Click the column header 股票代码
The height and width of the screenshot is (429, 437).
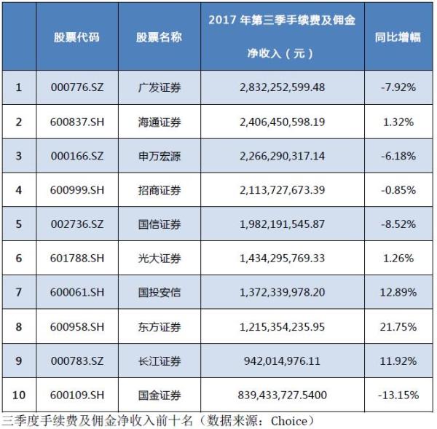point(76,37)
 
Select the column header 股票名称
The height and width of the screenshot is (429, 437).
point(159,37)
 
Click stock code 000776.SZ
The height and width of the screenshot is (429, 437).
point(76,87)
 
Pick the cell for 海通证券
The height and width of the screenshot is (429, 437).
point(159,122)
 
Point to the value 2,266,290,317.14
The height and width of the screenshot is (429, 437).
point(281,156)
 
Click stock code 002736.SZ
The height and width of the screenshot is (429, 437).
point(76,224)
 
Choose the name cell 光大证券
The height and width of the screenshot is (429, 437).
point(159,258)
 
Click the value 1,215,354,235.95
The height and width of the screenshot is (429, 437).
point(281,326)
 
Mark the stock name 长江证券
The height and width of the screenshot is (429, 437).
point(159,361)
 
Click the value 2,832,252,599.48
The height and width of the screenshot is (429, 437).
point(281,87)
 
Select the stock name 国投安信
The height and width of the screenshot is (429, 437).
point(159,292)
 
